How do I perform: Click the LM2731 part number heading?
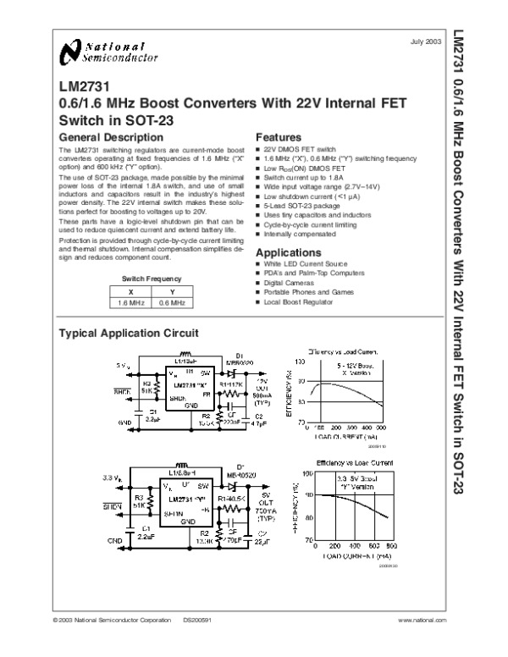click(x=80, y=86)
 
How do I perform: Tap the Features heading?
click(x=279, y=137)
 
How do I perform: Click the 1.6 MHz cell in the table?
click(x=130, y=302)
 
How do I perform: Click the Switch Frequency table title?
click(x=151, y=278)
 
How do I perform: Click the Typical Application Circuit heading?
click(x=127, y=333)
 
